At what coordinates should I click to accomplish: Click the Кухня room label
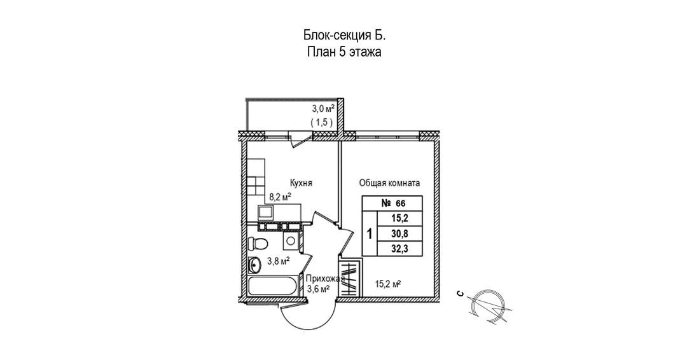tap(300, 183)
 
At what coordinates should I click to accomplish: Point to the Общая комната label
tap(389, 183)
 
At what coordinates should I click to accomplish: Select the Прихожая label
tap(325, 279)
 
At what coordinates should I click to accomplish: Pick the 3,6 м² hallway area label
tap(318, 289)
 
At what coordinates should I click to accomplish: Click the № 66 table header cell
tap(393, 204)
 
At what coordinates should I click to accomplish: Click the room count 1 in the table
tap(370, 233)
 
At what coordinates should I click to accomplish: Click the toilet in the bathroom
tap(258, 243)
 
